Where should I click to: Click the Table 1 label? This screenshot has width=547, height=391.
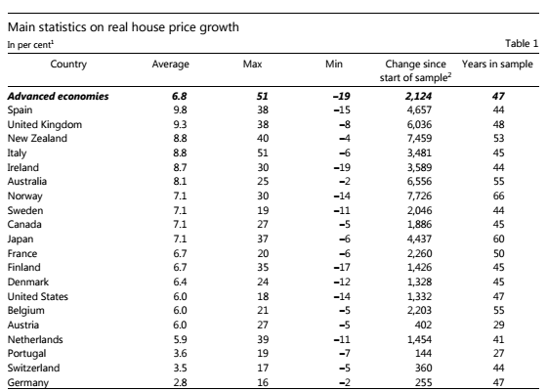point(522,43)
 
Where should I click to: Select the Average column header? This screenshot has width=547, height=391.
point(170,65)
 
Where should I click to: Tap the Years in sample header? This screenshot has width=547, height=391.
point(497,65)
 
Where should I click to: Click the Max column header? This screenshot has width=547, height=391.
point(252,65)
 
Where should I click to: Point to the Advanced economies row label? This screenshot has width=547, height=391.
point(58,96)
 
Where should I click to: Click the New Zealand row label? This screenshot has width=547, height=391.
point(37,138)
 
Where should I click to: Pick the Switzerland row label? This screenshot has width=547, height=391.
point(33,368)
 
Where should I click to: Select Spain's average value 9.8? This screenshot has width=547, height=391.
point(180,109)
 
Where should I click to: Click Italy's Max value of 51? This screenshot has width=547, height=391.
point(263,152)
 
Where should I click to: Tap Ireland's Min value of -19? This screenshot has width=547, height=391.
point(342,167)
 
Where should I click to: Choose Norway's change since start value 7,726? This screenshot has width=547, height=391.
point(419,195)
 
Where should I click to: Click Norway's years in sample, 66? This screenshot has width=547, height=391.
point(498,195)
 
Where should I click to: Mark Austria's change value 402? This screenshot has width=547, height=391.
point(423,325)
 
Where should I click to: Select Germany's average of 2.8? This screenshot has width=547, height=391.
point(180,382)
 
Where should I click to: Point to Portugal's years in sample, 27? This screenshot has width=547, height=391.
point(498,353)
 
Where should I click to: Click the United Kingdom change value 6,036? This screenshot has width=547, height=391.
point(419,125)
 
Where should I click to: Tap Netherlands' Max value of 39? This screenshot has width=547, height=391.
point(263,339)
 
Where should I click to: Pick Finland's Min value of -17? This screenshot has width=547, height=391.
point(342,268)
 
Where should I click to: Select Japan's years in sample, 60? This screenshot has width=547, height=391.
point(498,239)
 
